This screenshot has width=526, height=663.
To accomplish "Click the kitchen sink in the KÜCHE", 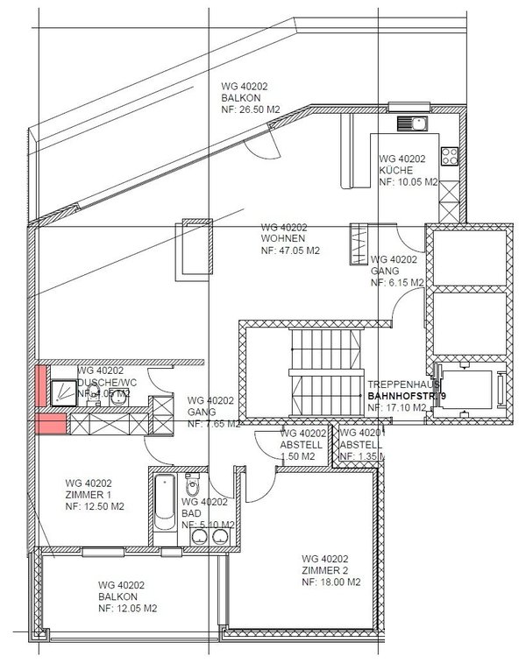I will point(410,124).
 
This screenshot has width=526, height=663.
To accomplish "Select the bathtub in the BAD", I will point(165,503).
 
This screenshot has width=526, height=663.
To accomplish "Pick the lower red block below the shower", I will point(50,426).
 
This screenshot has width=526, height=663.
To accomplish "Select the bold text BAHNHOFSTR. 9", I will point(408,396).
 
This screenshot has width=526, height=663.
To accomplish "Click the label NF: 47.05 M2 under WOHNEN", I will point(290,250).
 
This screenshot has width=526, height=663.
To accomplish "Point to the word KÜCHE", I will point(391,170).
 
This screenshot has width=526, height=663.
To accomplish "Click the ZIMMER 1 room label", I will point(90,494).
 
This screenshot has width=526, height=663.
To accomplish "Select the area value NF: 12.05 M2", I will point(128,608).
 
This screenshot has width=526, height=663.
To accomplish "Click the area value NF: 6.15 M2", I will point(397,283).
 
